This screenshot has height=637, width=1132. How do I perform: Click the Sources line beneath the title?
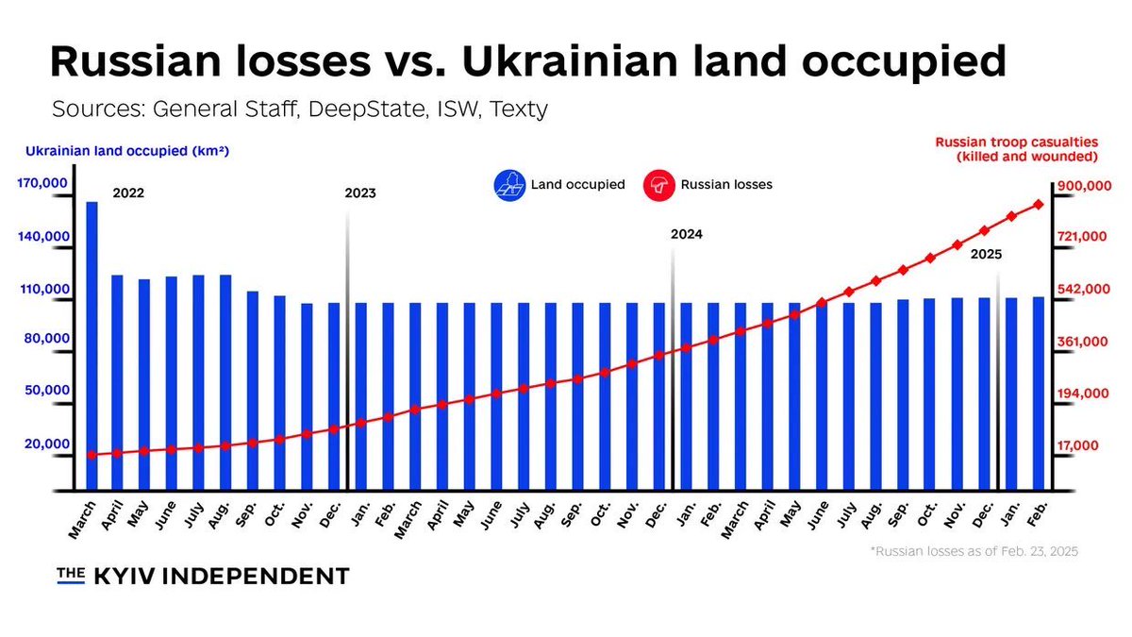300,109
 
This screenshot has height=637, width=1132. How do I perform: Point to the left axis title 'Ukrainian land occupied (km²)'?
127,151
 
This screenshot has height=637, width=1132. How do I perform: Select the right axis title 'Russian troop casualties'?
1016,142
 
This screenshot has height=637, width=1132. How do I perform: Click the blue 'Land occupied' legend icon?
508,185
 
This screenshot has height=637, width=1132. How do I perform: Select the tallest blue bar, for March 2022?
92,345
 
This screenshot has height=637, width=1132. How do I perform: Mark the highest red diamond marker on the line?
1038,204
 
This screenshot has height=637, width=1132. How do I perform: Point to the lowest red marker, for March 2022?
92,455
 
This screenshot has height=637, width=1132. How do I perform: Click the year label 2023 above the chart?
359,193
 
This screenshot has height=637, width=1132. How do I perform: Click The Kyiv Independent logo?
203,576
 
